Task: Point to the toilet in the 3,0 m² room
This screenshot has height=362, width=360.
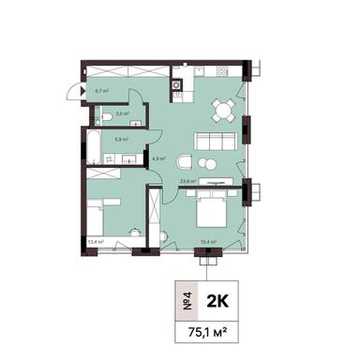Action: (x=109, y=116)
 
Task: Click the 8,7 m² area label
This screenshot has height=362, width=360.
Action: (x=102, y=91)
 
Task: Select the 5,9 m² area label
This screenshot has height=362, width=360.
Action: (x=122, y=138)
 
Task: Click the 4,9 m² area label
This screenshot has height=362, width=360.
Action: (x=158, y=158)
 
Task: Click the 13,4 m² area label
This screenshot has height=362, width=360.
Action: (x=95, y=241)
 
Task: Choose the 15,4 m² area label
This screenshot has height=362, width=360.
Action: (x=208, y=241)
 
